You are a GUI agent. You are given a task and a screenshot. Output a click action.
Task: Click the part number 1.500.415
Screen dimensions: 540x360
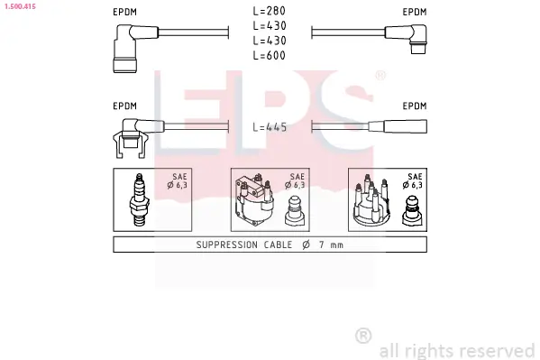21,6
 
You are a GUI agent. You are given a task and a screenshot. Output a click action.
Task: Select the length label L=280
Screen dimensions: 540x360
270,11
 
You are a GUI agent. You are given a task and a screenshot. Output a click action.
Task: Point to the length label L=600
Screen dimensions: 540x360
270,55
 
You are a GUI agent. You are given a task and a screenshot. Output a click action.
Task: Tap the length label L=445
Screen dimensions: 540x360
270,127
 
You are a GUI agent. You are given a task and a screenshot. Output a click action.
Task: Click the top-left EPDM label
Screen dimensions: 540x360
125,12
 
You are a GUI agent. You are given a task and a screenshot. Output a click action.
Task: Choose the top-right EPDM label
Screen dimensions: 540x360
415,12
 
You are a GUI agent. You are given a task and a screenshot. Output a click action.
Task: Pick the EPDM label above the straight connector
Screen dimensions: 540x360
415,106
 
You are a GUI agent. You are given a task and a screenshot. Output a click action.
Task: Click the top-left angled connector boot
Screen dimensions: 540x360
131,49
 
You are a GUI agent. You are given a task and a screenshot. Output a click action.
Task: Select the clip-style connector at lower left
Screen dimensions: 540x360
133,138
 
